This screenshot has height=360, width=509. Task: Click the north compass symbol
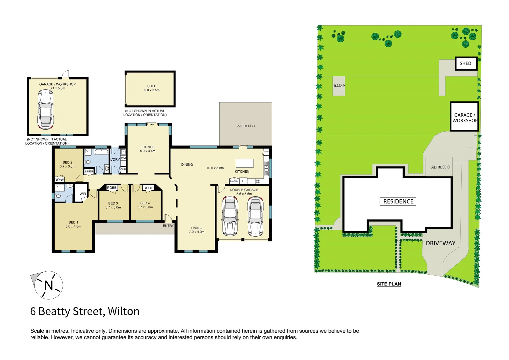pyautogui.click(x=49, y=285)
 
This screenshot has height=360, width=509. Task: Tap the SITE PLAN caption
pyautogui.click(x=389, y=284)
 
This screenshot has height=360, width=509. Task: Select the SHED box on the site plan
pyautogui.click(x=466, y=63)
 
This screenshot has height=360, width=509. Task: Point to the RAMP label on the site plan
pyautogui.click(x=339, y=86)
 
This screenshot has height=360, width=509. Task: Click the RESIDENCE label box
pyautogui.click(x=398, y=201)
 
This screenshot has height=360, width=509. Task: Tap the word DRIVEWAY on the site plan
pyautogui.click(x=440, y=243)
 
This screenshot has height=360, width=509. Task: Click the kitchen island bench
pyautogui.click(x=245, y=163)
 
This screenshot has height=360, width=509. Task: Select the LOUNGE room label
pyautogui.click(x=148, y=147)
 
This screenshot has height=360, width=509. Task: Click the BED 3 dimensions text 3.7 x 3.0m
pyautogui.click(x=113, y=207)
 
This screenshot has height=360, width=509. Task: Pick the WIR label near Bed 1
pyautogui.click(x=83, y=194)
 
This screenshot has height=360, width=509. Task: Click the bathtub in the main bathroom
pyautogui.click(x=101, y=152)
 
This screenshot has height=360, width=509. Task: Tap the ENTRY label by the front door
pyautogui.click(x=168, y=226)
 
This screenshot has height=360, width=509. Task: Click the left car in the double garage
pyautogui.click(x=230, y=216)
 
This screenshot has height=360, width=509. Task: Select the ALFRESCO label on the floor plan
pyautogui.click(x=246, y=126)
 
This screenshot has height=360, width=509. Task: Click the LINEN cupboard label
pyautogui.click(x=89, y=171)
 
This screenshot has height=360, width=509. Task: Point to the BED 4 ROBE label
pyautogui.click(x=148, y=188)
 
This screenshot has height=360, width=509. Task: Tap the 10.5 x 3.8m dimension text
pyautogui.click(x=215, y=168)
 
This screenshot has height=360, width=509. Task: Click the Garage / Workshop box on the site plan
pyautogui.click(x=464, y=117)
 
